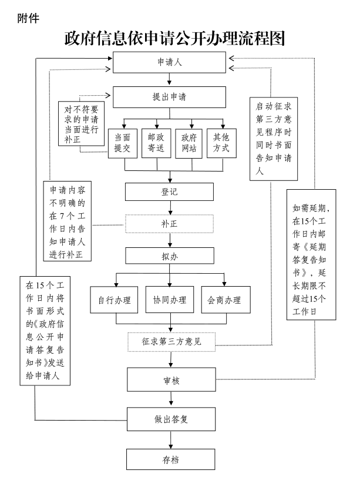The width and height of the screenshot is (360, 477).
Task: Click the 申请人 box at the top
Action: (x=169, y=62)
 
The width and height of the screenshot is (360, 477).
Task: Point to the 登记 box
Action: (x=169, y=192)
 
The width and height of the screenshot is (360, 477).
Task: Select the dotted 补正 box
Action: (x=169, y=224)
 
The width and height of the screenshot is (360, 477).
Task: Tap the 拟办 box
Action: (x=169, y=256)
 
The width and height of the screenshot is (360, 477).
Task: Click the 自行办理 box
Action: (x=114, y=301)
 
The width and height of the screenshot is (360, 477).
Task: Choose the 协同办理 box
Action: (x=170, y=301)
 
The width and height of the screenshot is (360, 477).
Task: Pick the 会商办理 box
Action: (x=226, y=301)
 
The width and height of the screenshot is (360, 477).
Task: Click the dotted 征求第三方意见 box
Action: (x=171, y=341)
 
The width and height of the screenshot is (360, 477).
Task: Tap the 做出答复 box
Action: (x=171, y=419)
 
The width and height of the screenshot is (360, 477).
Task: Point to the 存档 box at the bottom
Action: (x=171, y=459)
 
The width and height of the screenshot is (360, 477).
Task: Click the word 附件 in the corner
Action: (x=29, y=18)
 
